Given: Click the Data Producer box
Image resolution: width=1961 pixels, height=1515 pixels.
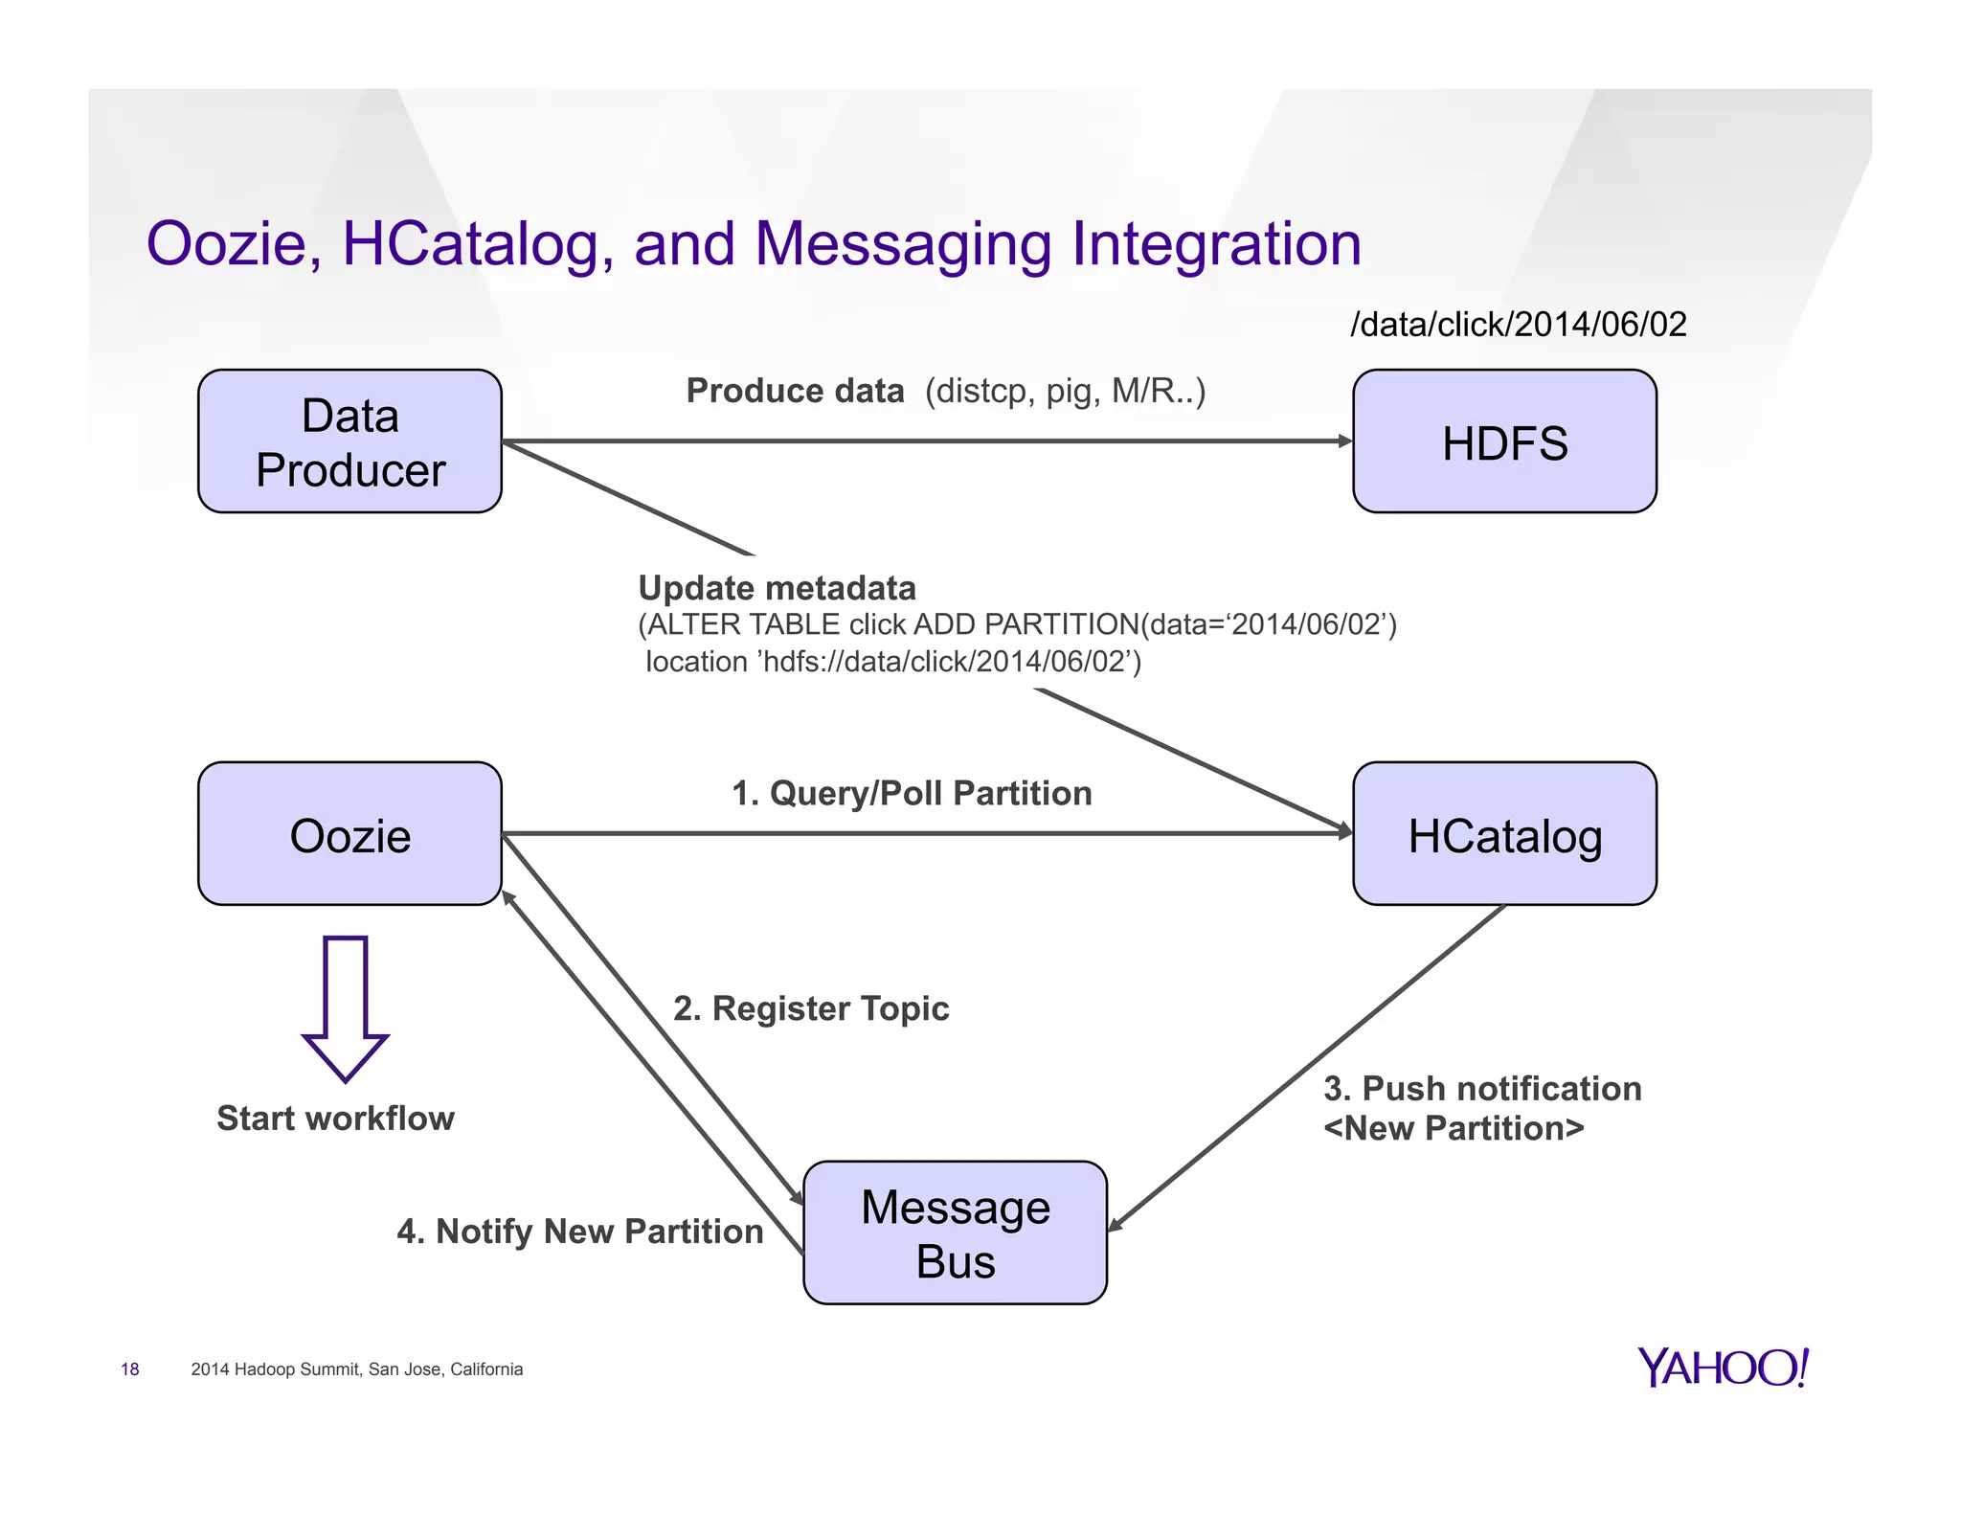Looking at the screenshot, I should pyautogui.click(x=349, y=441).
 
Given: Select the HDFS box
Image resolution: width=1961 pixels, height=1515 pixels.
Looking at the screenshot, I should pyautogui.click(x=1503, y=441).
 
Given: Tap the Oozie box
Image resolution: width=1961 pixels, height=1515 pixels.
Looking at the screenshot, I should pyautogui.click(x=349, y=834).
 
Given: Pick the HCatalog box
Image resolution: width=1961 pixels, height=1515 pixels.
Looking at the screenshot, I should pyautogui.click(x=1503, y=834).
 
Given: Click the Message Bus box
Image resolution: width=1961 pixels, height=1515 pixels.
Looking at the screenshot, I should pyautogui.click(x=955, y=1232).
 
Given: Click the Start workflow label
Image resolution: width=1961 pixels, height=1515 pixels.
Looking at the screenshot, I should pyautogui.click(x=335, y=1119).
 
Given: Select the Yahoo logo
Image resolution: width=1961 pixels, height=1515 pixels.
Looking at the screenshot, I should pyautogui.click(x=1722, y=1368).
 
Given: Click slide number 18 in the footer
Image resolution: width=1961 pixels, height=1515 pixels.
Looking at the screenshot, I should pyautogui.click(x=129, y=1369).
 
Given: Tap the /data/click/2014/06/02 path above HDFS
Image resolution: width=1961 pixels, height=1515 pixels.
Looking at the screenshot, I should pyautogui.click(x=1518, y=325).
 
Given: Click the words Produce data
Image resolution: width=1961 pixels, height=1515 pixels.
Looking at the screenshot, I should pyautogui.click(x=795, y=391).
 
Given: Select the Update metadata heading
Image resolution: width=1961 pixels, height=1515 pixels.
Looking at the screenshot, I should pyautogui.click(x=777, y=588).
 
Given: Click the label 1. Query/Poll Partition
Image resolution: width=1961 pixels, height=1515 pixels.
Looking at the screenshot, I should pyautogui.click(x=912, y=793).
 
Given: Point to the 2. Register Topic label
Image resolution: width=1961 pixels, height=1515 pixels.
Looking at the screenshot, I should pyautogui.click(x=811, y=1008).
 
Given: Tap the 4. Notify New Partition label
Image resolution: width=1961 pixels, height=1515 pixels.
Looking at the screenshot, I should pyautogui.click(x=579, y=1232).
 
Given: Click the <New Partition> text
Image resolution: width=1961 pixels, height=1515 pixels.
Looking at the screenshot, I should pyautogui.click(x=1453, y=1128).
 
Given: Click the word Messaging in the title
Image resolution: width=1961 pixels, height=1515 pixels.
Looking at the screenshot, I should pyautogui.click(x=902, y=243).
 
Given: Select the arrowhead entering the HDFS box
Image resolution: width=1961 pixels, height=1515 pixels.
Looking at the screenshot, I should pyautogui.click(x=1345, y=441).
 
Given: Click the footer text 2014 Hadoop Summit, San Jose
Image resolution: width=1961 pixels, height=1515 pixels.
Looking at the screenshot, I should pyautogui.click(x=356, y=1369).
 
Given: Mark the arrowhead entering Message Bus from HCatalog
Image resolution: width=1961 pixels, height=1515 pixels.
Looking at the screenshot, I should pyautogui.click(x=1115, y=1225).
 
